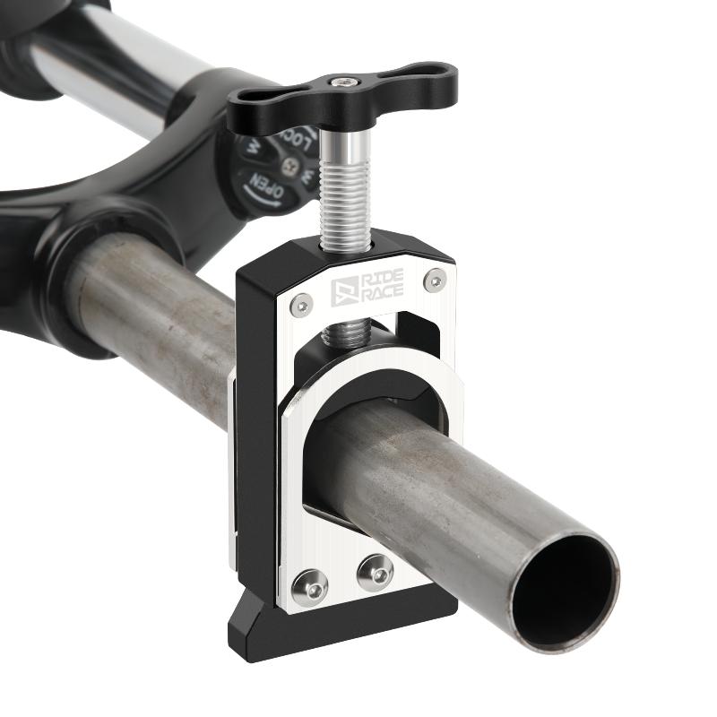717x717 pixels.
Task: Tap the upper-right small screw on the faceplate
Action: (436, 280)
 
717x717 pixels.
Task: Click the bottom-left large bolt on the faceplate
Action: (309, 586)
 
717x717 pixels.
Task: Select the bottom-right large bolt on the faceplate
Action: (375, 572)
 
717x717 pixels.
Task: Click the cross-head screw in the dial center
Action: (289, 166)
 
